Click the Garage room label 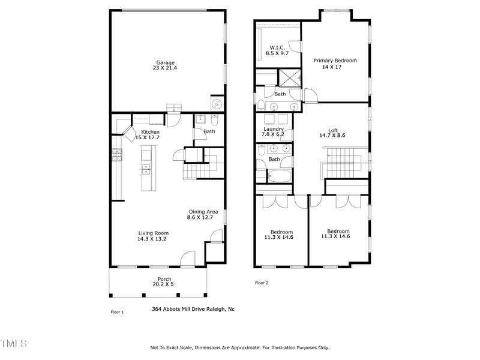[166, 62]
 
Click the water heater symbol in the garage [217, 104]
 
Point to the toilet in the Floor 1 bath [200, 119]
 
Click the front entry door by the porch [188, 260]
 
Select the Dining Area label [203, 212]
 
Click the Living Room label [154, 233]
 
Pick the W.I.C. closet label [277, 47]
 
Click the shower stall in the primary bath [289, 78]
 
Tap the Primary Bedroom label [335, 61]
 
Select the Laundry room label [274, 129]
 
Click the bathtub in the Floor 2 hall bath [279, 177]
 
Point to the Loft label [332, 130]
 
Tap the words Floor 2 [261, 283]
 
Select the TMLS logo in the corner [13, 344]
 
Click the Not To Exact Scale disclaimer [239, 347]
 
